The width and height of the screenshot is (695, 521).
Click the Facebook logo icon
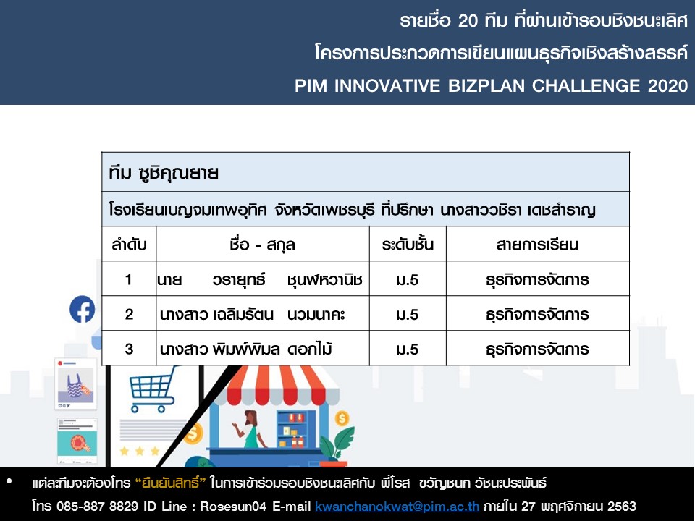point(83,309)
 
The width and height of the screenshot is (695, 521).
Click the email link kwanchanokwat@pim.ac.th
point(397,507)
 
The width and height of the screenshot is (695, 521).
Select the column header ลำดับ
point(129,245)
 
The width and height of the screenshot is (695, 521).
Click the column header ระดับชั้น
point(408,245)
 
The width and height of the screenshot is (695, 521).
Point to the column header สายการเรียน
point(537,245)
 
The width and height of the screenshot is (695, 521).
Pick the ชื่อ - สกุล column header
point(262,245)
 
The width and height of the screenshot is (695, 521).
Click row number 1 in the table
point(129,279)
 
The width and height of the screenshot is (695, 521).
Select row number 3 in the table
point(129,349)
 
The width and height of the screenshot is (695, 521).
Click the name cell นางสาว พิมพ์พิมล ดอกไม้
point(246,349)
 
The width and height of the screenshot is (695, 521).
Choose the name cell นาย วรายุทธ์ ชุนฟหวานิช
point(260,280)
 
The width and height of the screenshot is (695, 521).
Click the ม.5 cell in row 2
point(408,315)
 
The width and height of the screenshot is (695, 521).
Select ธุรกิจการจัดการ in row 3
point(537,350)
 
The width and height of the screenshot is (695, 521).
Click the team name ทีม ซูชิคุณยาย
point(164,173)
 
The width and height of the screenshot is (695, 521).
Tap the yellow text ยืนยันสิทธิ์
point(171,483)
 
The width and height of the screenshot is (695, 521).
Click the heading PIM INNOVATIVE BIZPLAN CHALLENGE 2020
point(491,85)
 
